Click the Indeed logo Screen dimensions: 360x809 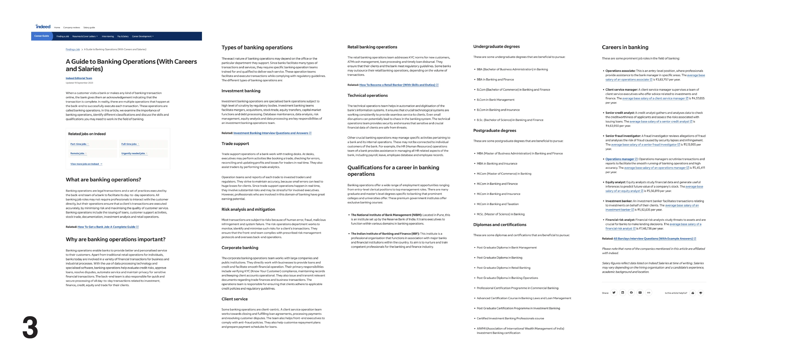43,27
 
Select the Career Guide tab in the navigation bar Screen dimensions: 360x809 42,36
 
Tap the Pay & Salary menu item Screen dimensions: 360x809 123,37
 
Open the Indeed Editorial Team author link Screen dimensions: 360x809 79,78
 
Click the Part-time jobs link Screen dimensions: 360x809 79,144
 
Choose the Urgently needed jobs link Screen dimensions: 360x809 133,154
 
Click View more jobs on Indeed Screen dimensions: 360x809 86,164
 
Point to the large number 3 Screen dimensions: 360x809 30,327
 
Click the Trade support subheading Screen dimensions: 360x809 235,143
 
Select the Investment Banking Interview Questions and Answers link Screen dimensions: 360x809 271,133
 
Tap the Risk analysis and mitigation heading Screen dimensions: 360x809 248,209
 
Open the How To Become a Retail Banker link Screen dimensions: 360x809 397,85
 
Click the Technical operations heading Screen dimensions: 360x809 367,95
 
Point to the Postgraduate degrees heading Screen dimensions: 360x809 494,131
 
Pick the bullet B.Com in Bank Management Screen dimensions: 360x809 495,100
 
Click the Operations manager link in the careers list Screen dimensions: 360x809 619,159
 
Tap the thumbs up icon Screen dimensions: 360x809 692,293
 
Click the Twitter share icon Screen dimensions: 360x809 614,293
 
